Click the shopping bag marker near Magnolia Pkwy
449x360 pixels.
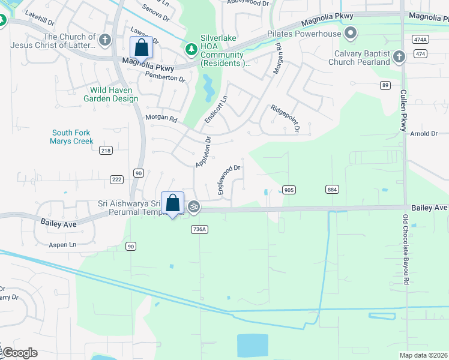[141, 47]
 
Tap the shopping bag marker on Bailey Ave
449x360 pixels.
[173, 203]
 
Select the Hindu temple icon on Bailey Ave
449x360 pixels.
[193, 208]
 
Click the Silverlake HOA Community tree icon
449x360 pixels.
[191, 49]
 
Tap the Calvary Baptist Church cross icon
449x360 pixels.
[399, 58]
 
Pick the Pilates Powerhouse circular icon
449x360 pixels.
[349, 34]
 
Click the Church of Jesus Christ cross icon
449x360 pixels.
[105, 40]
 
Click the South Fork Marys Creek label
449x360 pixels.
[72, 137]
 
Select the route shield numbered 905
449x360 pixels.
[289, 190]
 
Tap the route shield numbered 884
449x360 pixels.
[331, 190]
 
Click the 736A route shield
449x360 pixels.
[199, 229]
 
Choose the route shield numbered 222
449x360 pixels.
[116, 179]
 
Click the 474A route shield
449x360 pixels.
[420, 39]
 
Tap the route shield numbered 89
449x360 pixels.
[385, 85]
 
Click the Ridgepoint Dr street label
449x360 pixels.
[285, 119]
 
